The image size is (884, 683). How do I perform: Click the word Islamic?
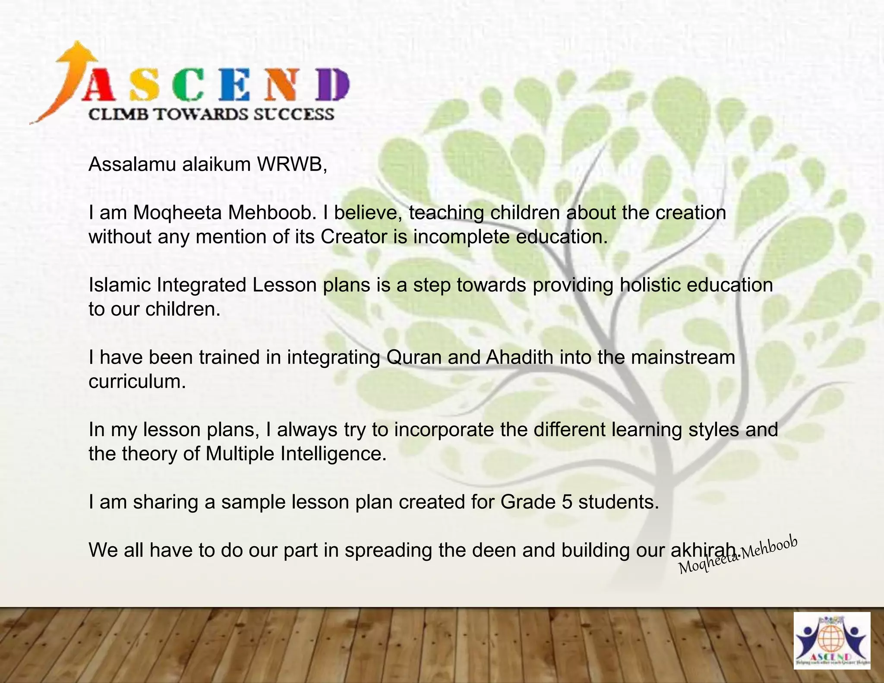coord(119,285)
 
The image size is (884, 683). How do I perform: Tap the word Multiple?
coord(240,454)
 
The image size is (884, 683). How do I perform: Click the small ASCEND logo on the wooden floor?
coord(832,641)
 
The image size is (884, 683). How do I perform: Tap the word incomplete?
coord(461,237)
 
